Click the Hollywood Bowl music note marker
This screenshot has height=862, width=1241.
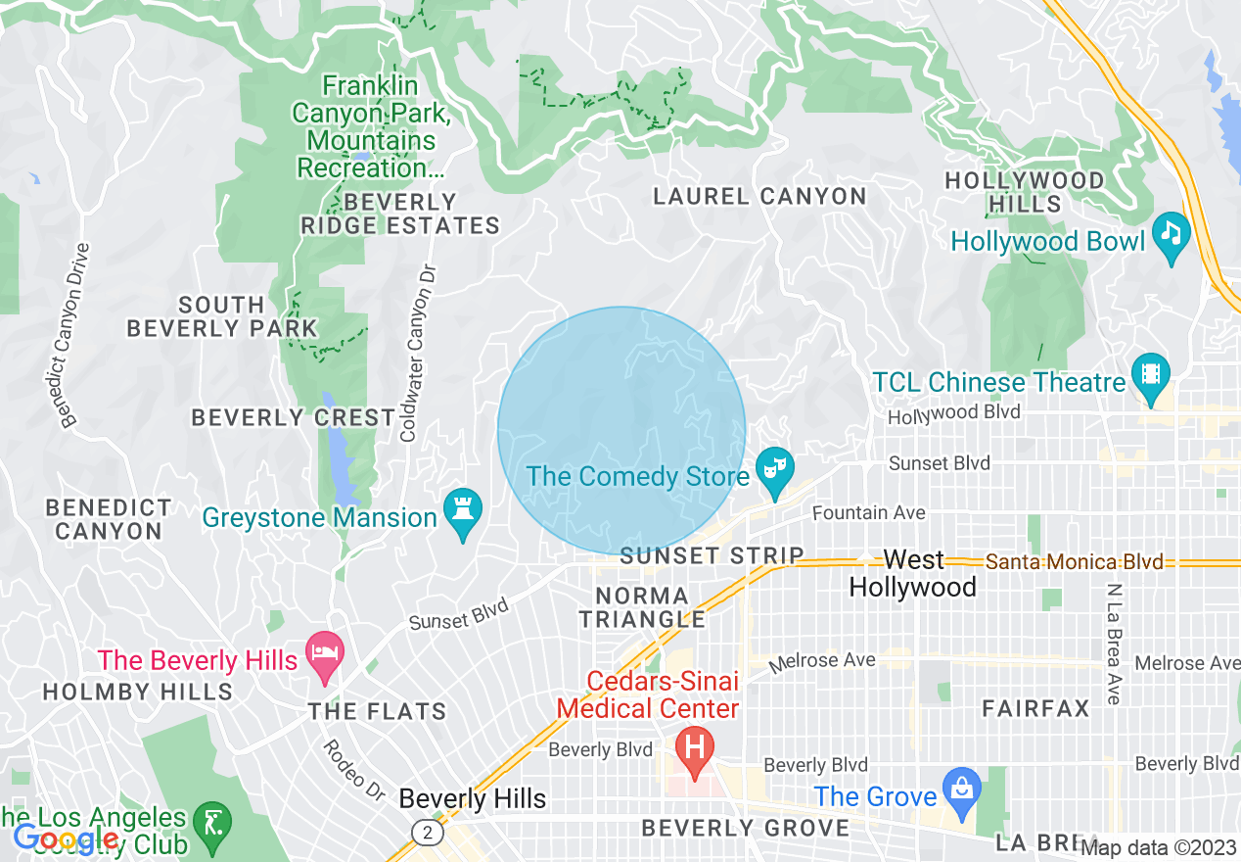pyautogui.click(x=1171, y=234)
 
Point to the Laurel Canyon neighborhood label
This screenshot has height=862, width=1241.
pyautogui.click(x=759, y=197)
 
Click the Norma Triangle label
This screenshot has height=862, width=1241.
pyautogui.click(x=642, y=607)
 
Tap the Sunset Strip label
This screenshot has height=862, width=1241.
pyautogui.click(x=712, y=556)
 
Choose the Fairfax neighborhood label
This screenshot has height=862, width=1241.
pyautogui.click(x=1035, y=708)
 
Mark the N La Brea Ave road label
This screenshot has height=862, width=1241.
pyautogui.click(x=1114, y=644)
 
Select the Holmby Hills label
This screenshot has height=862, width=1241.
pyautogui.click(x=137, y=693)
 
